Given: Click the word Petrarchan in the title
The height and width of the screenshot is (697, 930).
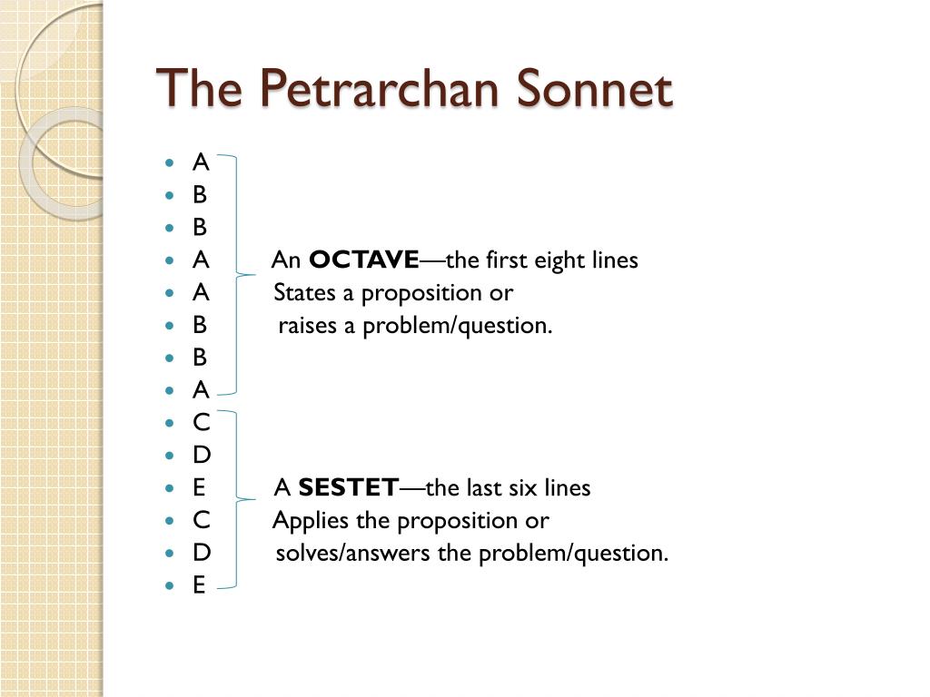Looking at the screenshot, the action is [x=379, y=90].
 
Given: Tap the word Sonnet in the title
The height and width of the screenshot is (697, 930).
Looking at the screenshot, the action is [x=595, y=88].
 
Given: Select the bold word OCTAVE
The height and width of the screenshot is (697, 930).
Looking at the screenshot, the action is [x=364, y=260].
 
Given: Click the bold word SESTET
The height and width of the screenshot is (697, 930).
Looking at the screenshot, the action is [x=348, y=487].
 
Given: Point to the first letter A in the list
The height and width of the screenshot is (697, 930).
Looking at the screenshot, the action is [x=201, y=162].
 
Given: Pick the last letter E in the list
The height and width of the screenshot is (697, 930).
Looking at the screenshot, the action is [x=199, y=585].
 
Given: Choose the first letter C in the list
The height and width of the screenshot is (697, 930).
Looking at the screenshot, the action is [x=201, y=422].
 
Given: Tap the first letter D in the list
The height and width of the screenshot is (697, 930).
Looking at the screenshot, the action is [x=202, y=455].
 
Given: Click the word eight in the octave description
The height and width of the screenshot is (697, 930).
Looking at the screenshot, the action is [x=559, y=261].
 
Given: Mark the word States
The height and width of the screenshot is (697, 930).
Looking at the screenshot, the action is [x=304, y=293].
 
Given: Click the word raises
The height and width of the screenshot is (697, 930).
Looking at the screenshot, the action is [x=308, y=326].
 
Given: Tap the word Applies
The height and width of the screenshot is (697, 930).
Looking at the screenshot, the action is [x=311, y=521].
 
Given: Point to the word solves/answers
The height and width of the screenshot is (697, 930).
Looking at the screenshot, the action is [x=353, y=553].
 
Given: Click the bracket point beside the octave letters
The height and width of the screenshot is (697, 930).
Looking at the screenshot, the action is [x=255, y=275].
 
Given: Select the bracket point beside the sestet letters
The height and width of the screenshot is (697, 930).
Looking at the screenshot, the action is [x=255, y=499].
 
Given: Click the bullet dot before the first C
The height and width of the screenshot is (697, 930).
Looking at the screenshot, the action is [x=170, y=423].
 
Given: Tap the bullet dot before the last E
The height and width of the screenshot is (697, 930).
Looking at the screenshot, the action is [x=170, y=585].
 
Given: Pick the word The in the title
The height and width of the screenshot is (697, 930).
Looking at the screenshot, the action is [x=199, y=88].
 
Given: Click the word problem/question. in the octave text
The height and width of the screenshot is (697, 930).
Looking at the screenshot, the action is [x=458, y=327].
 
